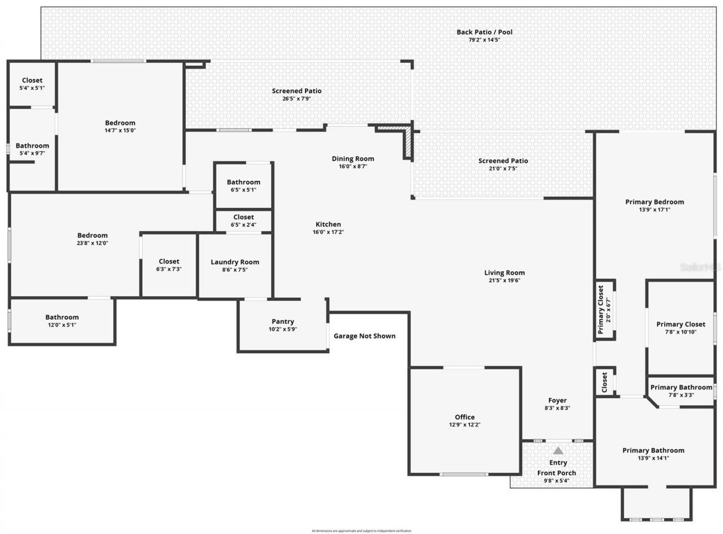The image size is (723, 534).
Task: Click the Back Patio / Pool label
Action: click(x=484, y=32)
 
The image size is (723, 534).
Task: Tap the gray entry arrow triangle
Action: click(x=558, y=450)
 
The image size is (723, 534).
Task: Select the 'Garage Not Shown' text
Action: click(x=364, y=336)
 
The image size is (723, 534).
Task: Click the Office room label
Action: click(x=465, y=417)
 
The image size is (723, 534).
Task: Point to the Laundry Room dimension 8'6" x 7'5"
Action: click(x=235, y=270)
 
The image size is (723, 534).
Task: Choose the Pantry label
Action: click(x=283, y=322)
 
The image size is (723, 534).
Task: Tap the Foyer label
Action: click(x=557, y=401)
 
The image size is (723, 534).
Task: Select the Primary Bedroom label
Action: click(x=654, y=202)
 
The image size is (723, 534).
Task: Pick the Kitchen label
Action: click(x=328, y=224)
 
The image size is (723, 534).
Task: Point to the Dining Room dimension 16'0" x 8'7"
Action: click(x=353, y=167)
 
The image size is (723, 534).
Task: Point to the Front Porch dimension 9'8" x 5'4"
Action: click(x=556, y=481)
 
